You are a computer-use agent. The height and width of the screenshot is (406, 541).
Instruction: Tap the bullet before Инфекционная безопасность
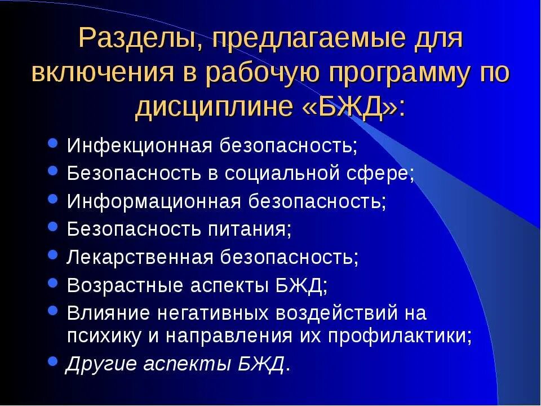pos(53,144)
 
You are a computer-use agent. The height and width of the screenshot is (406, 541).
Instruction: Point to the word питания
pos(253,229)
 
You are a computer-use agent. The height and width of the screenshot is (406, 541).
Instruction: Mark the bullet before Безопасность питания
pos(53,227)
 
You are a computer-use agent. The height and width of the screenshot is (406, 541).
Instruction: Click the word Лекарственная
pos(140,257)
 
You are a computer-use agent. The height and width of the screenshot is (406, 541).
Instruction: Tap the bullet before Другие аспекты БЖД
pos(53,361)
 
